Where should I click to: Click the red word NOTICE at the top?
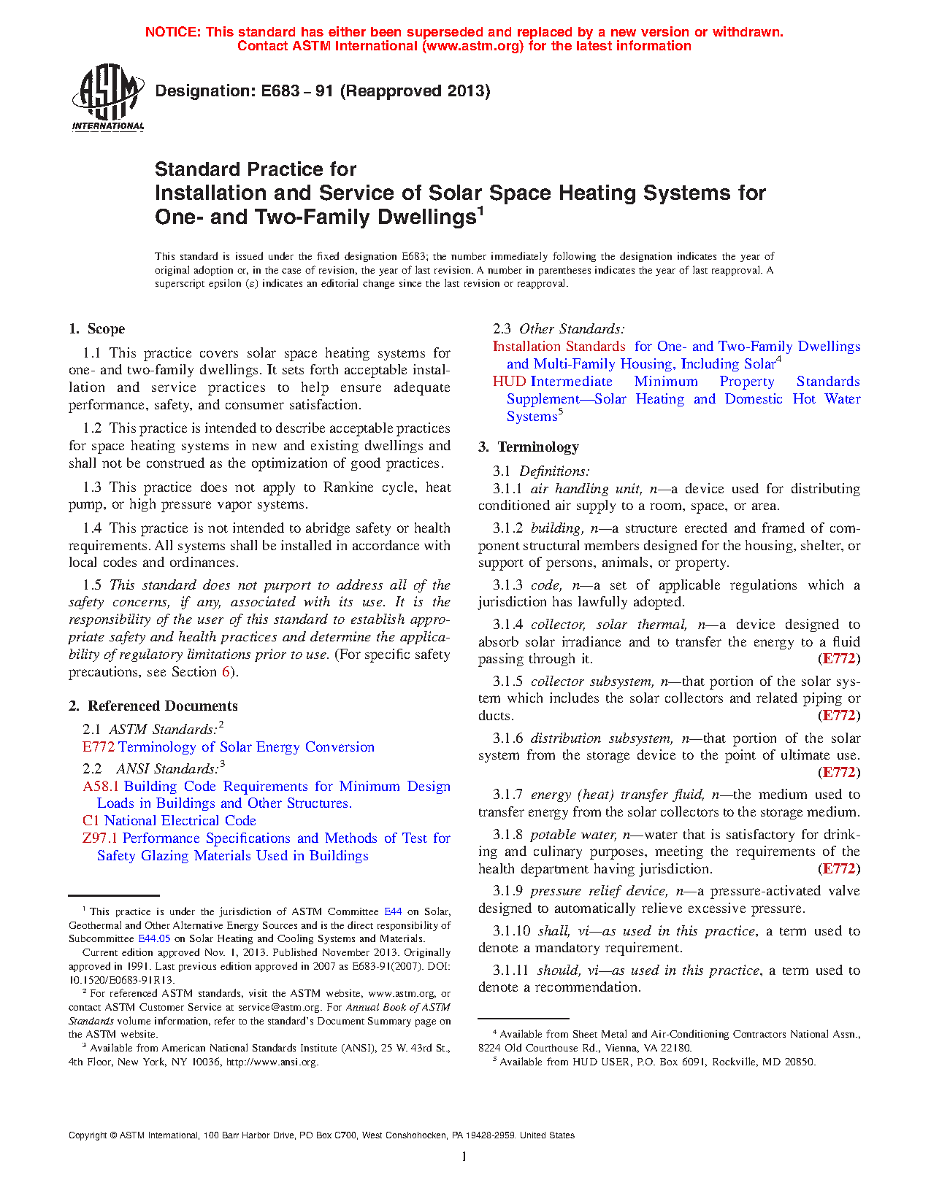tap(172, 32)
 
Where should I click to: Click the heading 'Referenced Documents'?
tap(162, 706)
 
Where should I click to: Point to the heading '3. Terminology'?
tap(529, 447)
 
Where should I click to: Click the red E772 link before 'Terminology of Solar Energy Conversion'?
tap(98, 747)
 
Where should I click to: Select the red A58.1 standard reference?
tap(101, 787)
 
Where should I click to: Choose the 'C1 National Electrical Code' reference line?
tap(169, 821)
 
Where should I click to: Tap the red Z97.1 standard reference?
tap(100, 838)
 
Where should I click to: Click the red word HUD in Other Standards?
tap(509, 382)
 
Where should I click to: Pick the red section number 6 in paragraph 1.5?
tap(226, 672)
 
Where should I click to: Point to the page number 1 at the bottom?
tap(464, 1156)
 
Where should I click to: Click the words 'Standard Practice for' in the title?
tap(256, 169)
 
